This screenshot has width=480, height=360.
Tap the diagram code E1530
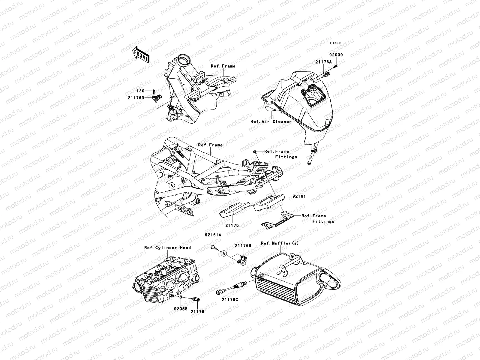tap(335, 43)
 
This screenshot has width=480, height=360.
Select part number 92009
tap(336, 55)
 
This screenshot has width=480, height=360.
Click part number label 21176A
tap(323, 62)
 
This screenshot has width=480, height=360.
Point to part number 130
tap(141, 91)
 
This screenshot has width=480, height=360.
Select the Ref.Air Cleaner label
tap(271, 121)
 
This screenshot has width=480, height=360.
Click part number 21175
tap(232, 225)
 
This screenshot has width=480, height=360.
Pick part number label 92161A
tap(213, 235)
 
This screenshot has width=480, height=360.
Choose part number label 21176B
tap(243, 245)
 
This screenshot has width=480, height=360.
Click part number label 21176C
tap(230, 300)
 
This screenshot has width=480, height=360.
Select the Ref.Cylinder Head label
tap(167, 248)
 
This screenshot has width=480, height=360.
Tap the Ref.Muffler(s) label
tap(280, 243)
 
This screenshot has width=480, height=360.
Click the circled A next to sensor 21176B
tap(223, 254)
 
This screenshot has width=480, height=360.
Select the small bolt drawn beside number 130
tap(154, 91)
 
